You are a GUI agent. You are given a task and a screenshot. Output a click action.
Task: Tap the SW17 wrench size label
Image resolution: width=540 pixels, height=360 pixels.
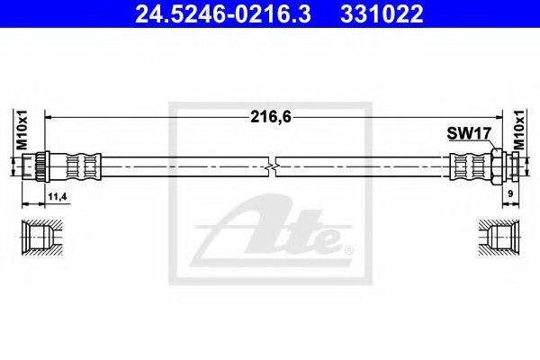coord(467,133)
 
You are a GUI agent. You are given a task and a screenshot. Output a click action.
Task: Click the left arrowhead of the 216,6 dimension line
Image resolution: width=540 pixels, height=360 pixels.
coord(49,116)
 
